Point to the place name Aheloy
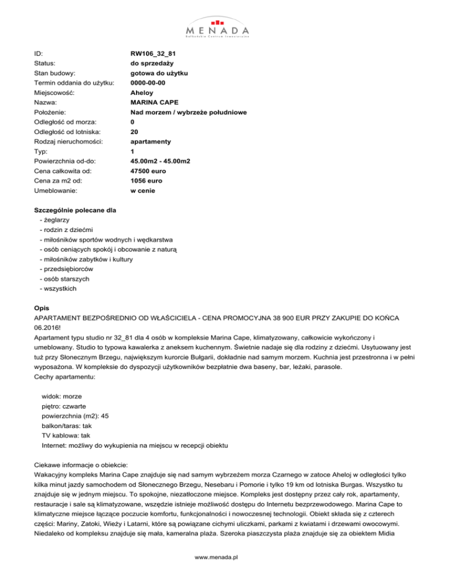coord(142,93)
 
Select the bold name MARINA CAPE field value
coord(155,102)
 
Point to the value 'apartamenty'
coord(151,141)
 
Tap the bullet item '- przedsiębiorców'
coord(66,268)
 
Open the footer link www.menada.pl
coord(225,558)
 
